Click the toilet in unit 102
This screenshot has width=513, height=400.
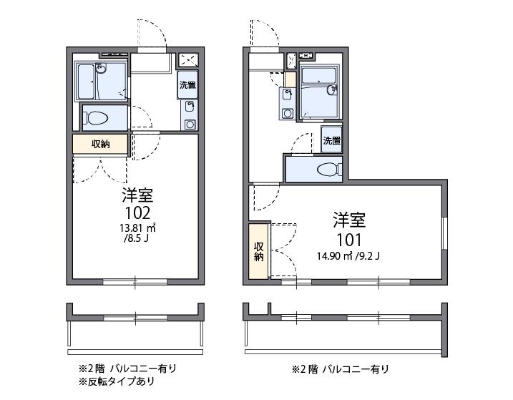(99, 117)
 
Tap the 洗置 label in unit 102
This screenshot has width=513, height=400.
(187, 84)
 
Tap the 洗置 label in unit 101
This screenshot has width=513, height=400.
(331, 140)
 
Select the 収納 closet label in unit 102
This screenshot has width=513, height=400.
(100, 144)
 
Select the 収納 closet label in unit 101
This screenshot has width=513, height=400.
(258, 251)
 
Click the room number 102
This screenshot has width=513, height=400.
(137, 213)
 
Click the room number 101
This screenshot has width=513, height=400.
(349, 239)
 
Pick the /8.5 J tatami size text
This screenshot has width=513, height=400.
(135, 240)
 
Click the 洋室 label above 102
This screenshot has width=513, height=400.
(137, 195)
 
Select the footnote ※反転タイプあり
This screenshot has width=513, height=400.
(116, 381)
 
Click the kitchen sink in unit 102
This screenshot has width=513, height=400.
(189, 108)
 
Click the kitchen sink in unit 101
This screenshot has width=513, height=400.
(288, 96)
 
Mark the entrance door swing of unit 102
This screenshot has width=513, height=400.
(153, 32)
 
